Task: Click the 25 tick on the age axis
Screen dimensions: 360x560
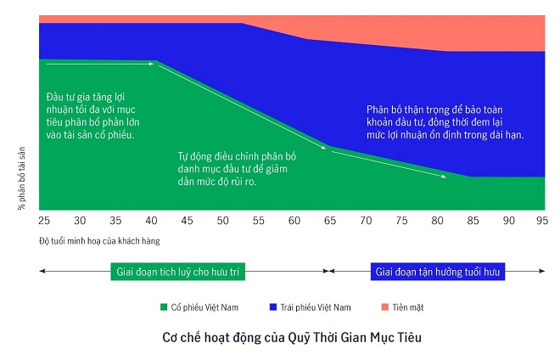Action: [x=44, y=220]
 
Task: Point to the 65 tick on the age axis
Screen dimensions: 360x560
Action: [x=330, y=220]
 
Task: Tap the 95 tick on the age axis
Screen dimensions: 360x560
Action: [x=540, y=220]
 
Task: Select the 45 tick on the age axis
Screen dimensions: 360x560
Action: [x=187, y=220]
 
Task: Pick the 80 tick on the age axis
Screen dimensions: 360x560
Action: [x=437, y=220]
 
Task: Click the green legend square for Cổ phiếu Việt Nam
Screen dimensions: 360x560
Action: [x=163, y=307]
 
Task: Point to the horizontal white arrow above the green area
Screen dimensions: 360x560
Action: [x=100, y=63]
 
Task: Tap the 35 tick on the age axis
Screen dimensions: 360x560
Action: [x=115, y=220]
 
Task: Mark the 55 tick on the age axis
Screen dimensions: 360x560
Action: [x=259, y=220]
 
